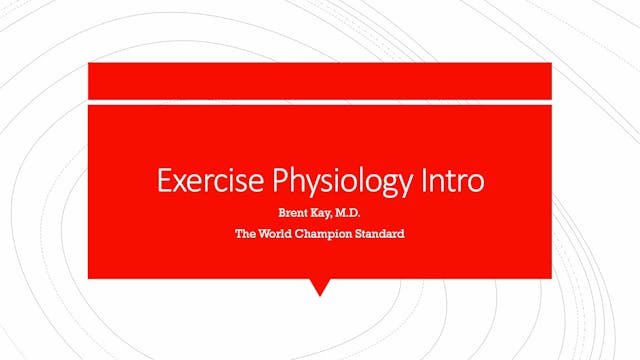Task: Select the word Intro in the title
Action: tap(450, 182)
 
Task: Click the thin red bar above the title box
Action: tap(319, 80)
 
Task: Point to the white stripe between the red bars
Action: tap(319, 101)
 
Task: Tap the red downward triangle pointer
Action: tap(319, 287)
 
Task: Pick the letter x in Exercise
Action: tap(179, 183)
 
